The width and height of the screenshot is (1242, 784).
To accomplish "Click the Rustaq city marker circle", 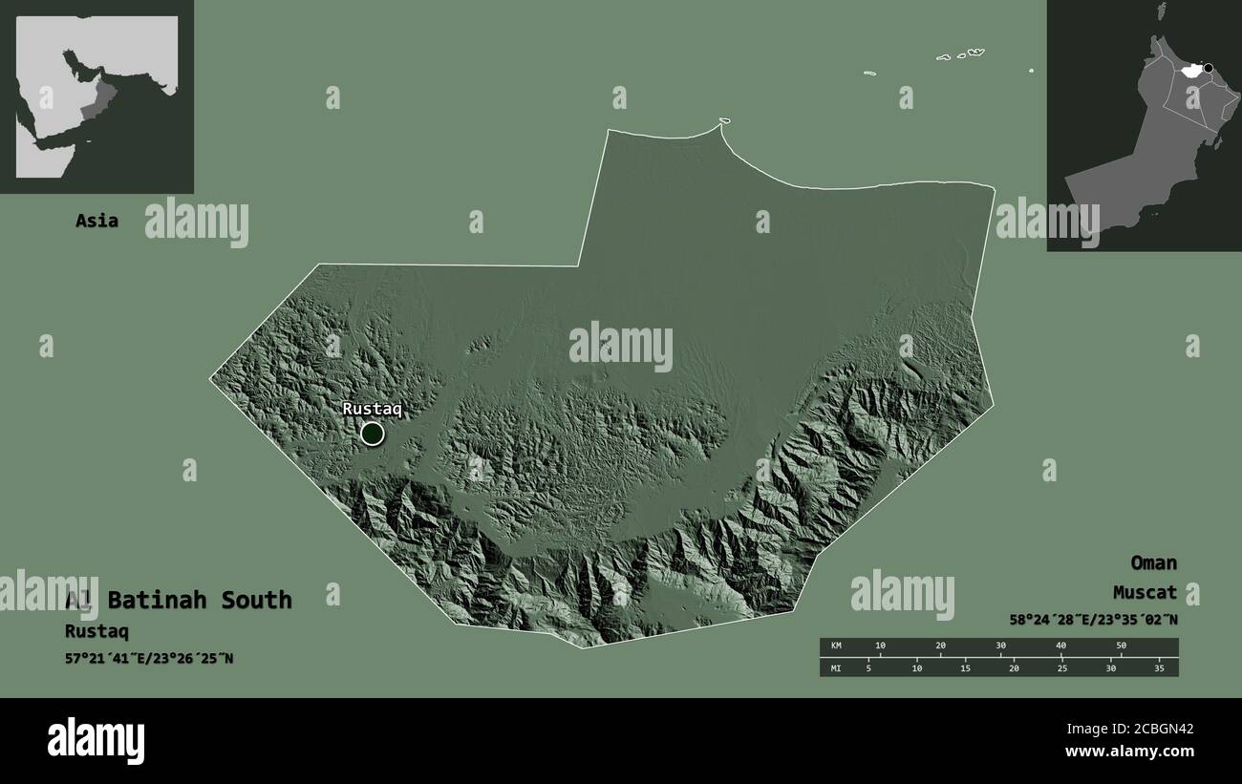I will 372,434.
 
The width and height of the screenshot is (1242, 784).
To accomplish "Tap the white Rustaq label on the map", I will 373,409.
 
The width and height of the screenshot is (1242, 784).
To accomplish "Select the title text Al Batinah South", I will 179,600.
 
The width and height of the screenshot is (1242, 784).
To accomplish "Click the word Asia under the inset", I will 96,221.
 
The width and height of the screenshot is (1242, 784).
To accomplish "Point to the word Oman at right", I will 1153,562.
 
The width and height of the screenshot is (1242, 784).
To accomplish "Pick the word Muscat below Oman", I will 1145,593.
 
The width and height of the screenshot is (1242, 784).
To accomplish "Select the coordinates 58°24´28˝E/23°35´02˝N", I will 1093,620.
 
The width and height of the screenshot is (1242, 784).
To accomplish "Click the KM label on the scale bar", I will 836,646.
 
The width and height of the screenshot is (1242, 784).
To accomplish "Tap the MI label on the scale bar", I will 836,667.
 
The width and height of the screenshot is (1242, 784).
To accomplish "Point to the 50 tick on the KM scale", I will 1122,646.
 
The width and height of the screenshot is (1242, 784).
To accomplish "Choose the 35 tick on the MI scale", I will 1160,667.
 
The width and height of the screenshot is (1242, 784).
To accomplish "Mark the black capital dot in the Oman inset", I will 1209,68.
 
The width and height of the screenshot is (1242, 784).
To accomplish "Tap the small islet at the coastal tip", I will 724,121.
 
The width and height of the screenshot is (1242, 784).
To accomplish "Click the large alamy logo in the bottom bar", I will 96,740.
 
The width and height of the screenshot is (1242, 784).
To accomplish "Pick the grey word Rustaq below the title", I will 96,631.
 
